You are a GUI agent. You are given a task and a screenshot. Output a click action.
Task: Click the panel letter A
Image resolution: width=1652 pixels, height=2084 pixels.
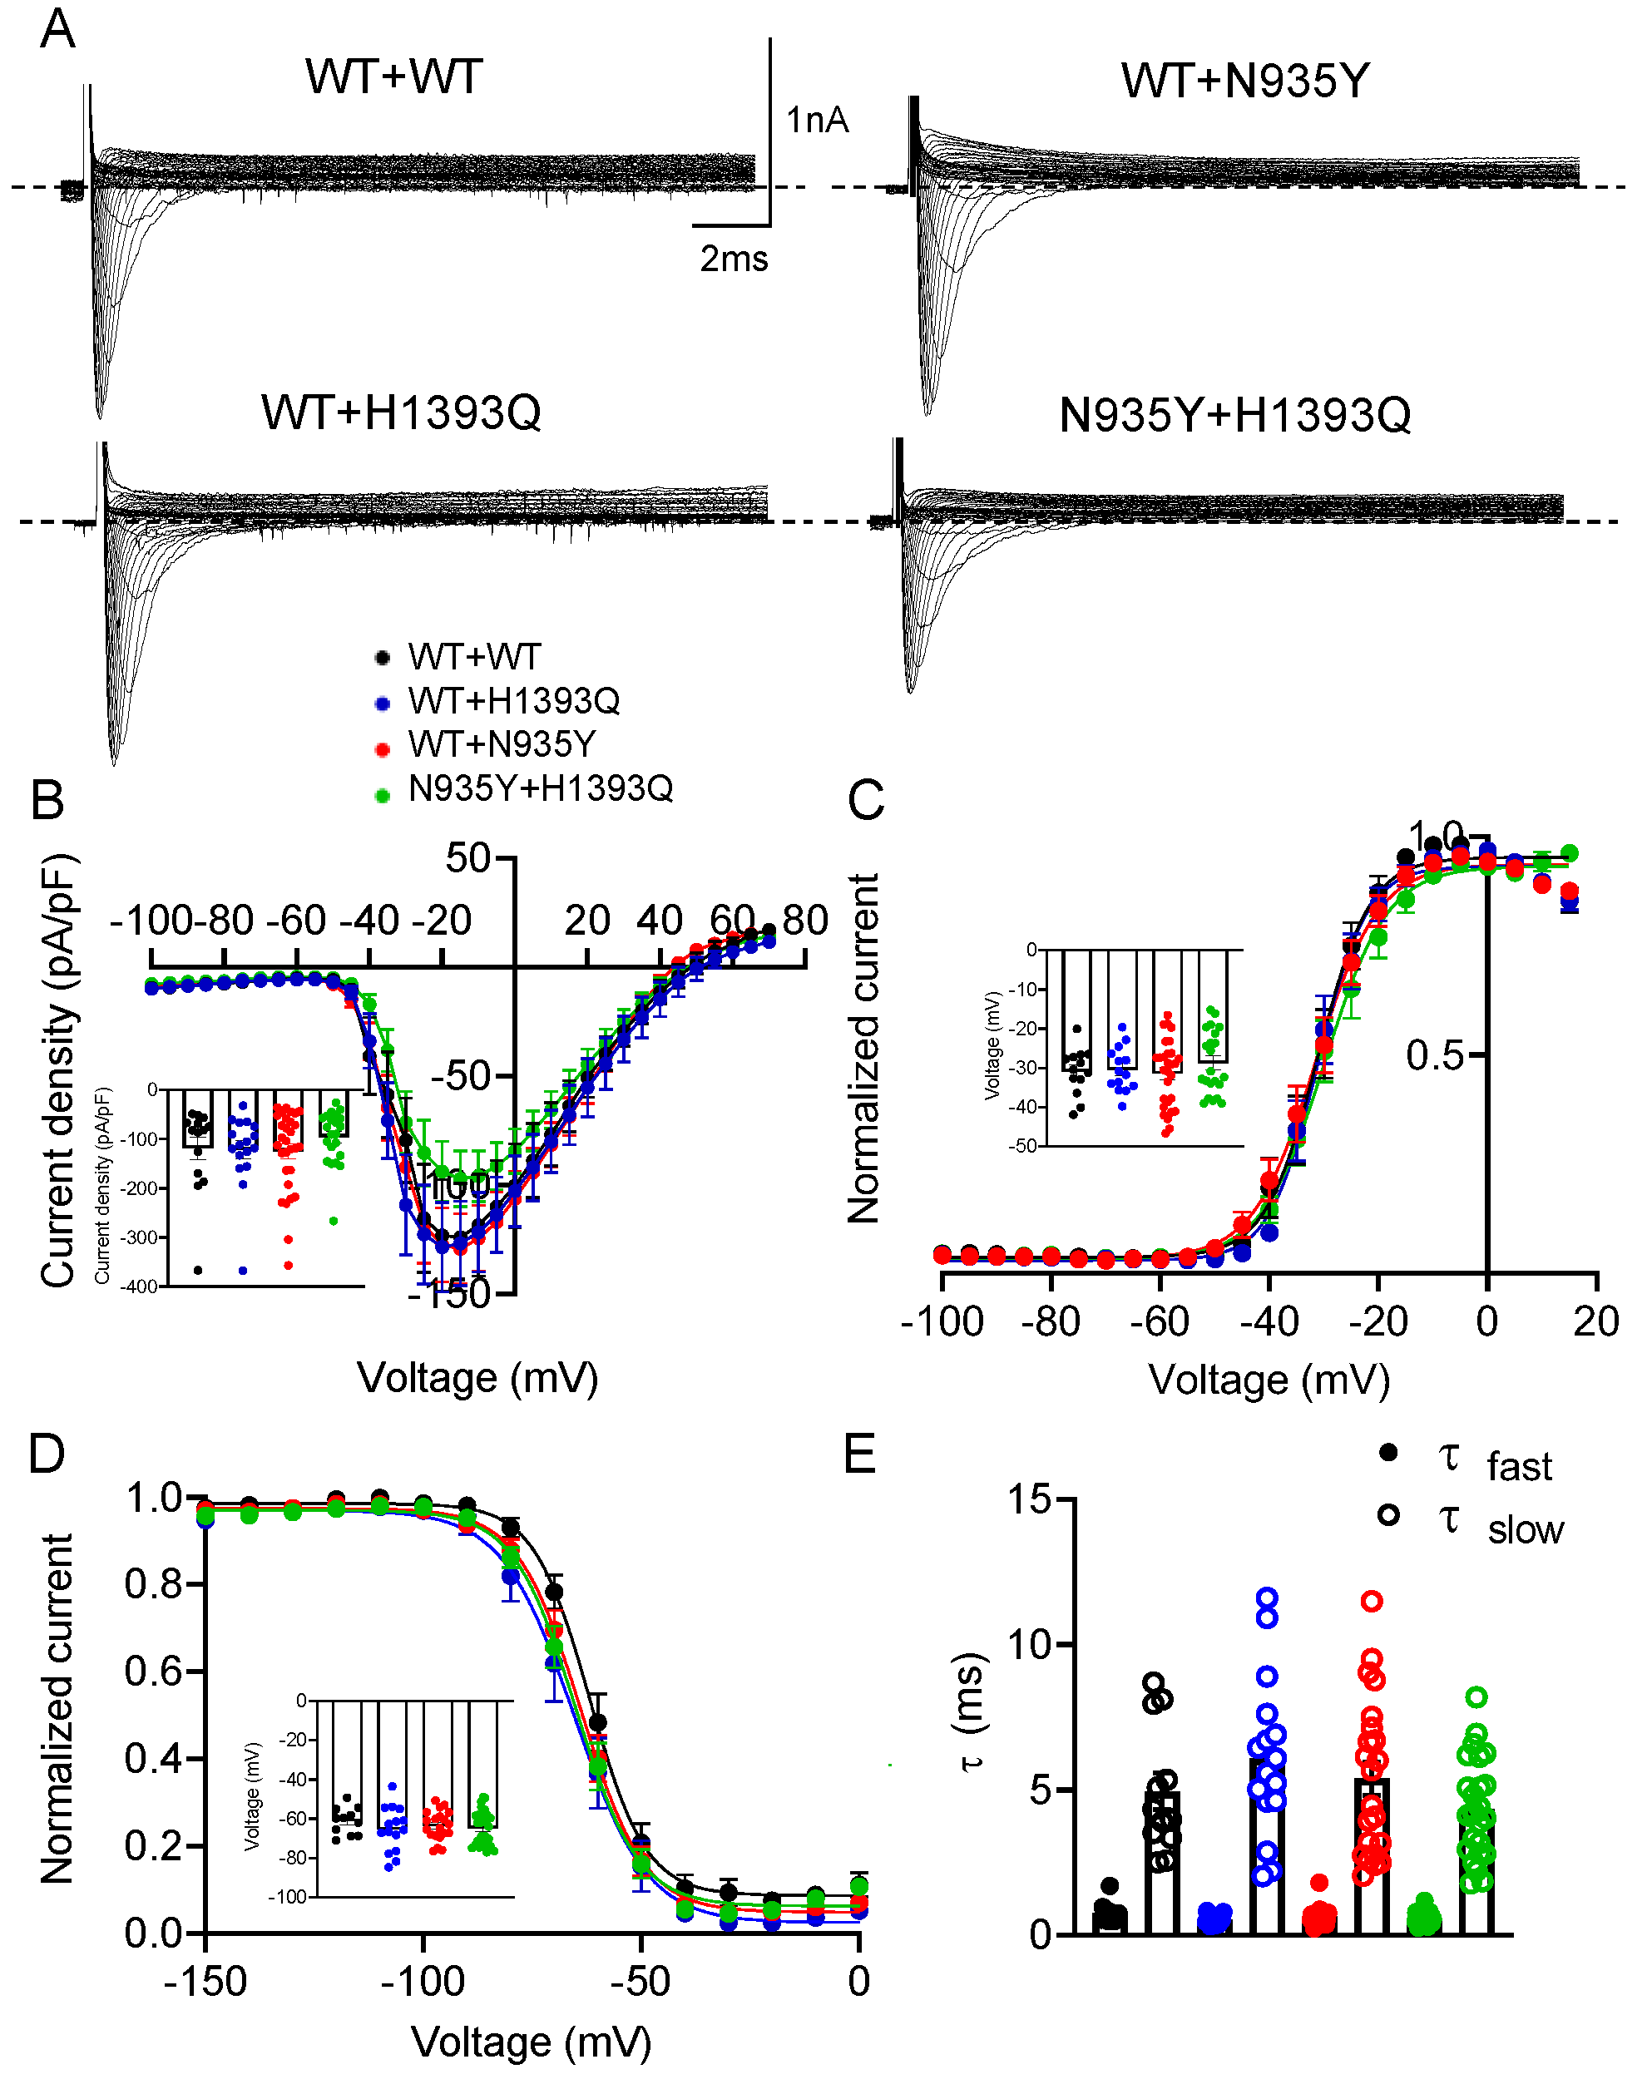tap(57, 30)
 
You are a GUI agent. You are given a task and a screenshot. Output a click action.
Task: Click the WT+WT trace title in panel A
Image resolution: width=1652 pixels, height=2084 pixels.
tap(393, 77)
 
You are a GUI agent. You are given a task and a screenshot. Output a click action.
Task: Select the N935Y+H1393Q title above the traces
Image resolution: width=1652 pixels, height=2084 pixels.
tap(1234, 416)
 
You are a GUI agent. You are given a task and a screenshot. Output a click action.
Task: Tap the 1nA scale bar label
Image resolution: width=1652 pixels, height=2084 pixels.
tap(817, 120)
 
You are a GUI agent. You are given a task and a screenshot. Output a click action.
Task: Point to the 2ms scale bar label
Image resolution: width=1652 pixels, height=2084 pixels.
tap(734, 259)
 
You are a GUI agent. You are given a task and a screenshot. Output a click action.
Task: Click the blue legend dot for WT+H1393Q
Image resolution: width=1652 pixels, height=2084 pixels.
tap(383, 703)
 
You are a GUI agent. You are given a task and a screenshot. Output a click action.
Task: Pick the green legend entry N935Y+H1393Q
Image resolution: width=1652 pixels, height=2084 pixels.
tap(539, 788)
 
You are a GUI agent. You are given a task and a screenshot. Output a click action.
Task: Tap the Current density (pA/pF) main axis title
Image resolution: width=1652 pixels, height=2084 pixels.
tap(58, 1070)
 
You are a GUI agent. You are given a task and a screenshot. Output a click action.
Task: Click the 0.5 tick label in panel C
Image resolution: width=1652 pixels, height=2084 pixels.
tap(1435, 1055)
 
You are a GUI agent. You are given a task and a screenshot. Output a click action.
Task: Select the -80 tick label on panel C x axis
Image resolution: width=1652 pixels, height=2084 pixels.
tap(1050, 1321)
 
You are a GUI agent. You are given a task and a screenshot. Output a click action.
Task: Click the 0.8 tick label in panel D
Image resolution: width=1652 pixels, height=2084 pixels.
tap(153, 1584)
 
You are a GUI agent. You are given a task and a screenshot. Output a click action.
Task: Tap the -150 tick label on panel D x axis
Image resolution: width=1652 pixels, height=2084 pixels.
tap(205, 1982)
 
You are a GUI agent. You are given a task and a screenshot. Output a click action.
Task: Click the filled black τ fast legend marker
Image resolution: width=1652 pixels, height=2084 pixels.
tap(1388, 1453)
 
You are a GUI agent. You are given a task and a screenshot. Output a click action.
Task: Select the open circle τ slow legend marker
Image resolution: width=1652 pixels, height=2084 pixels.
tap(1388, 1514)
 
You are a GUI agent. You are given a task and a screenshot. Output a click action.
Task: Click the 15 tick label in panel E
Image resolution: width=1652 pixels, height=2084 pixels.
tap(1028, 1499)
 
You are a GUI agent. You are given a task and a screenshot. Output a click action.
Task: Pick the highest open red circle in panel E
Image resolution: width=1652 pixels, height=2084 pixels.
tap(1371, 1602)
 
